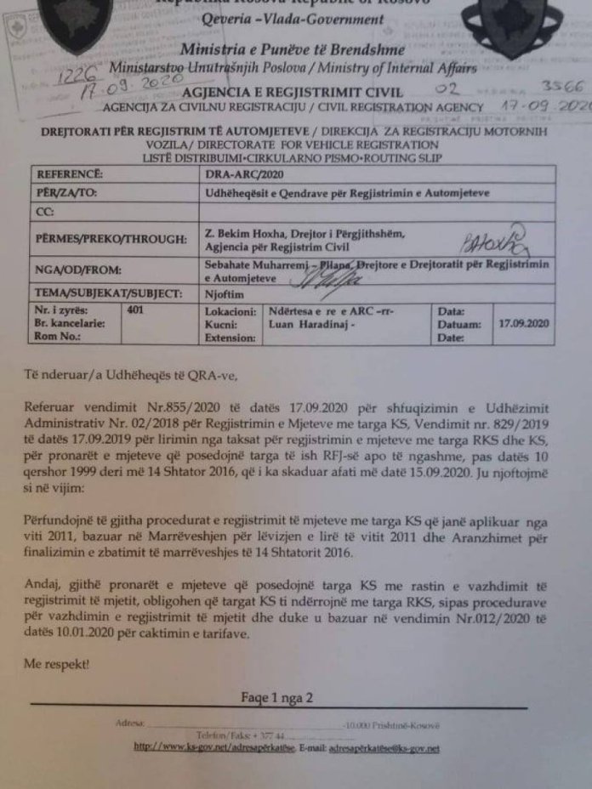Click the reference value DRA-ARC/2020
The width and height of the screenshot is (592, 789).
[x=239, y=174]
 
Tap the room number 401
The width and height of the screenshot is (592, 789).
[x=134, y=311]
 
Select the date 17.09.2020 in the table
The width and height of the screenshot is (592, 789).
[x=525, y=324]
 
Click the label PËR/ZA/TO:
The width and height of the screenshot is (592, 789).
[x=68, y=193]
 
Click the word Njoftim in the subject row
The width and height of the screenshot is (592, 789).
[x=224, y=292]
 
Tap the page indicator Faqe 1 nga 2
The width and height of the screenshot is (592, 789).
[x=276, y=698]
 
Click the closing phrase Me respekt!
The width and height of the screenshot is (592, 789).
[x=57, y=663]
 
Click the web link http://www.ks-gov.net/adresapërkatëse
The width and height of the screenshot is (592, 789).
[x=214, y=748]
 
